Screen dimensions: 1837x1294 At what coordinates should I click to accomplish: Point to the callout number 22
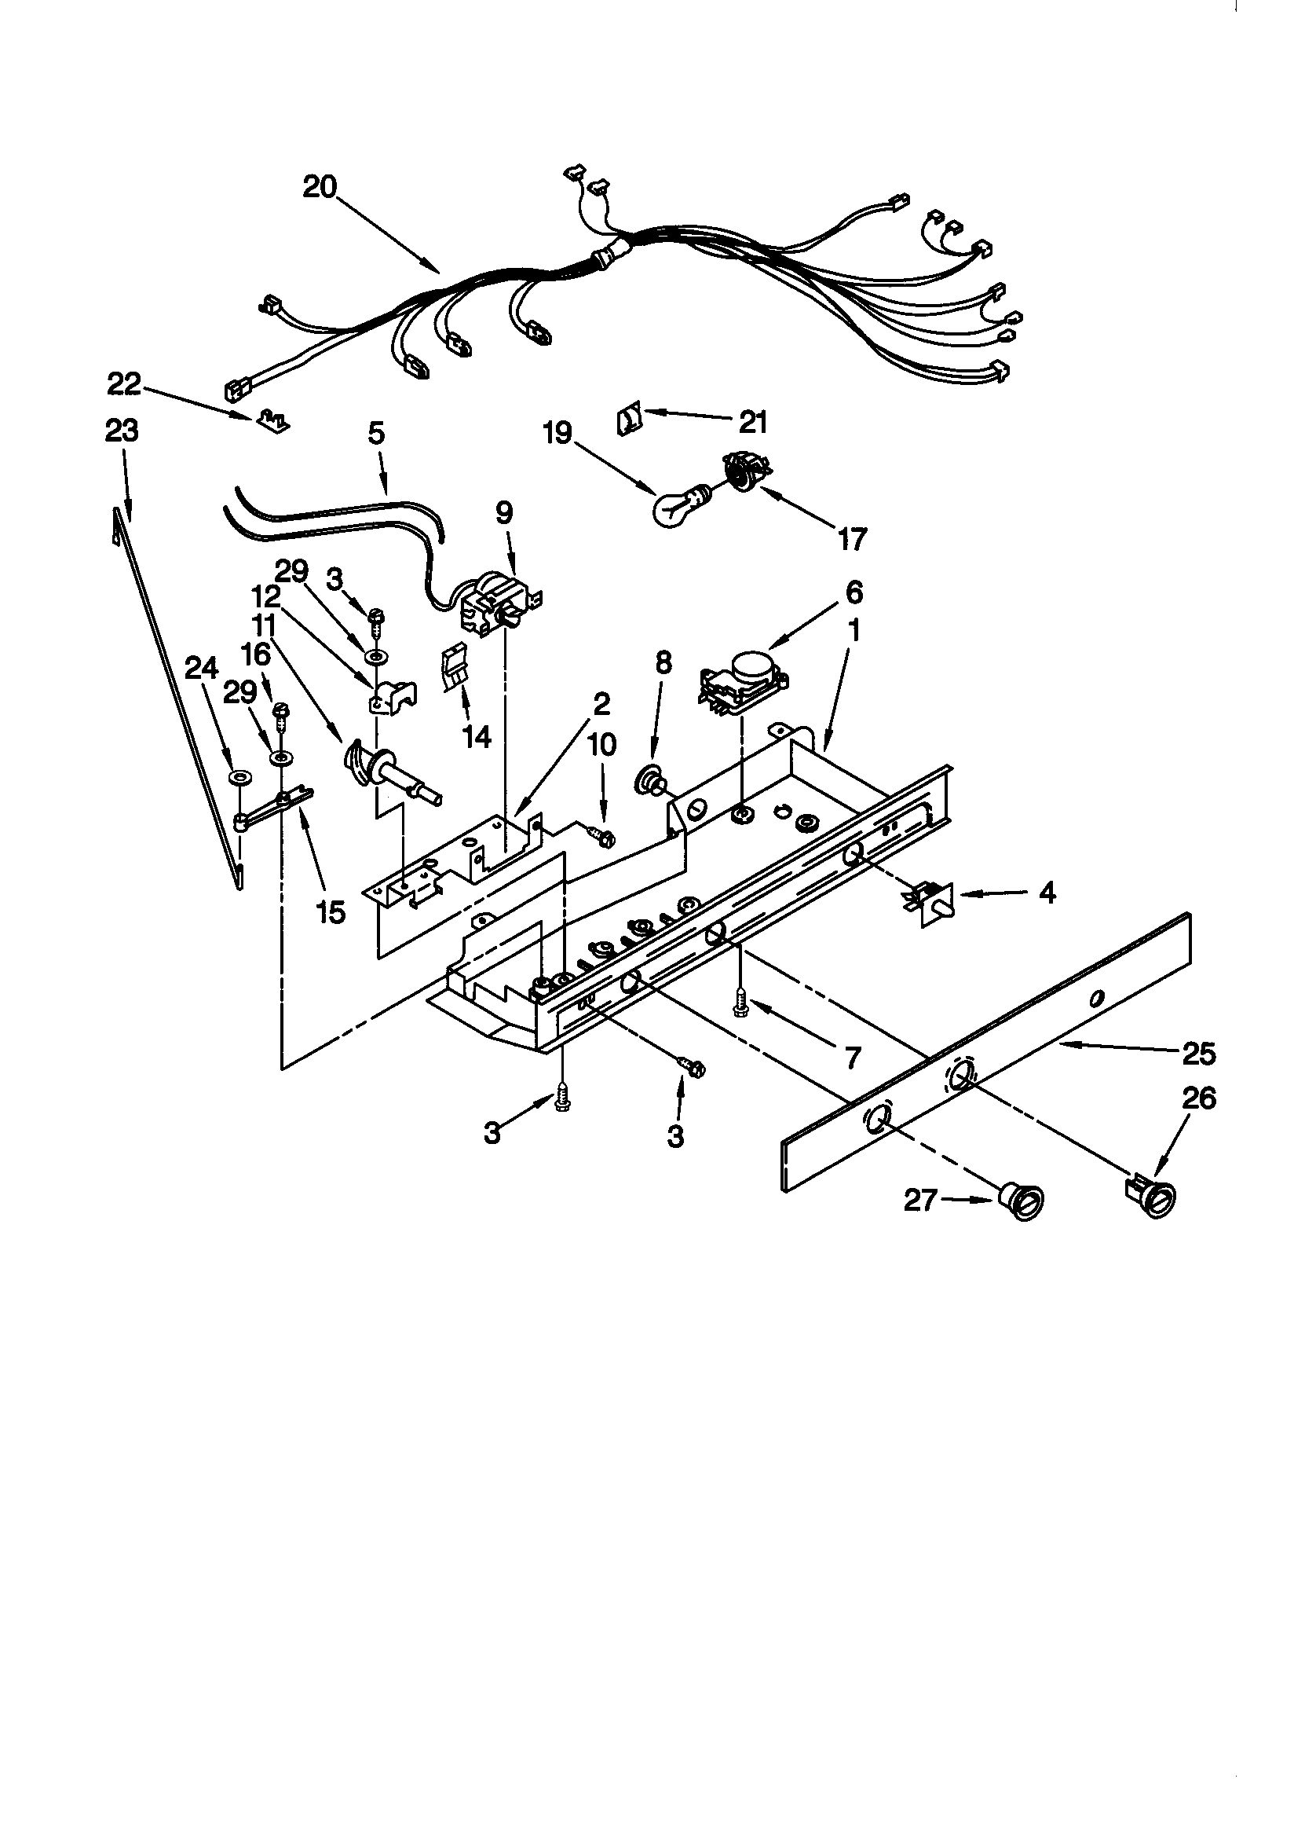pyautogui.click(x=124, y=385)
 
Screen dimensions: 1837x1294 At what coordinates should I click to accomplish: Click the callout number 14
pyautogui.click(x=477, y=737)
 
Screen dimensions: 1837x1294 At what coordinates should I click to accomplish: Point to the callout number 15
pyautogui.click(x=331, y=912)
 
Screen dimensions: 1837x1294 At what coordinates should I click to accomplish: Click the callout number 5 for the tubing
pyautogui.click(x=376, y=434)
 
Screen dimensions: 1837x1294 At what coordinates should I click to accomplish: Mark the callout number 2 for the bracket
pyautogui.click(x=601, y=703)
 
